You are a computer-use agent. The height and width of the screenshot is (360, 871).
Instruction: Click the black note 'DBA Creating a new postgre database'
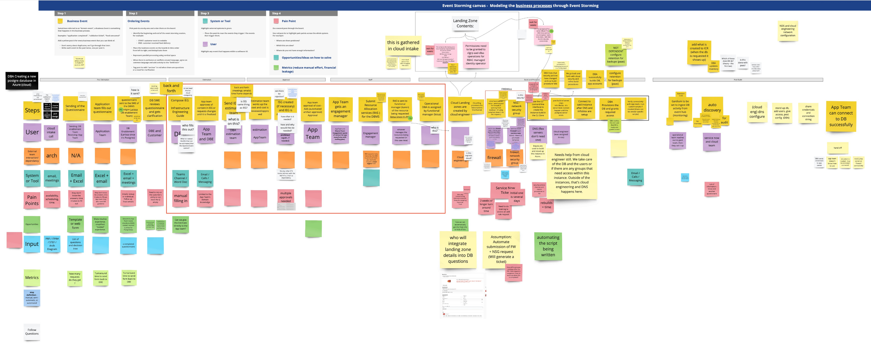tap(22, 81)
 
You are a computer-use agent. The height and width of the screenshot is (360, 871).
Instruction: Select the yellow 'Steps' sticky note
tap(32, 110)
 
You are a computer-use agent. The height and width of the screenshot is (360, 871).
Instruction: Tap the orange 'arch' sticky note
tap(52, 156)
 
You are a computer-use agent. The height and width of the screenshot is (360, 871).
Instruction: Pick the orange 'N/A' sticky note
tap(76, 156)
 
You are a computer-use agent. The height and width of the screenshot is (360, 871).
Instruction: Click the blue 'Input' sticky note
tap(32, 244)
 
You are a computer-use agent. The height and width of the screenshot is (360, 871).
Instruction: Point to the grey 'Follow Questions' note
tap(32, 332)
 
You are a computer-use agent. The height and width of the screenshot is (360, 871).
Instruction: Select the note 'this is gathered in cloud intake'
tap(403, 46)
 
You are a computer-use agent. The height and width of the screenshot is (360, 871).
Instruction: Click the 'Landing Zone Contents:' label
tap(465, 23)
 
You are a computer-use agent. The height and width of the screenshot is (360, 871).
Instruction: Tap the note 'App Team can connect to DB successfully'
tap(841, 116)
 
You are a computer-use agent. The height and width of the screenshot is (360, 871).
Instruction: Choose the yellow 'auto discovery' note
tap(712, 107)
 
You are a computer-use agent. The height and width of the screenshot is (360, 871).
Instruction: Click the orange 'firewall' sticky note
tap(494, 158)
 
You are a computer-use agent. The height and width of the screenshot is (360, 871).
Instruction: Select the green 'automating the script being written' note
tap(548, 246)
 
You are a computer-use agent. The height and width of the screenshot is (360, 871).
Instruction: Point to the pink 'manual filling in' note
tap(180, 198)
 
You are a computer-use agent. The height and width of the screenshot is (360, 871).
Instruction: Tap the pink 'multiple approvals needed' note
tap(286, 197)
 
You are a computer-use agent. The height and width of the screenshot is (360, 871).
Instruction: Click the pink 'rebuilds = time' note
tap(546, 205)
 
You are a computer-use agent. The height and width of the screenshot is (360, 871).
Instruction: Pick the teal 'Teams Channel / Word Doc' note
tap(180, 178)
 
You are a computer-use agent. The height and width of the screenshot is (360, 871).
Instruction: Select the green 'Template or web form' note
tap(75, 224)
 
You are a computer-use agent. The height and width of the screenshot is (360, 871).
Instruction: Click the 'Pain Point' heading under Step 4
tap(288, 21)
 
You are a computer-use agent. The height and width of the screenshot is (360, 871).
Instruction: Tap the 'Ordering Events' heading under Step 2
tap(138, 21)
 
